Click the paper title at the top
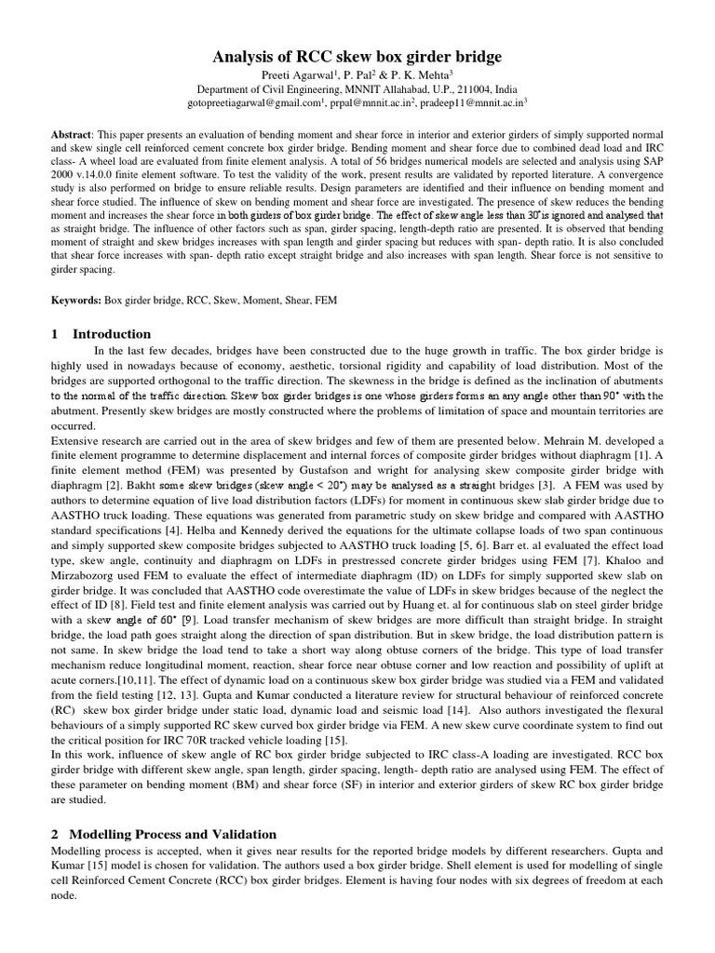(x=357, y=57)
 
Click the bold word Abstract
(x=71, y=134)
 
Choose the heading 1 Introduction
(x=101, y=334)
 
